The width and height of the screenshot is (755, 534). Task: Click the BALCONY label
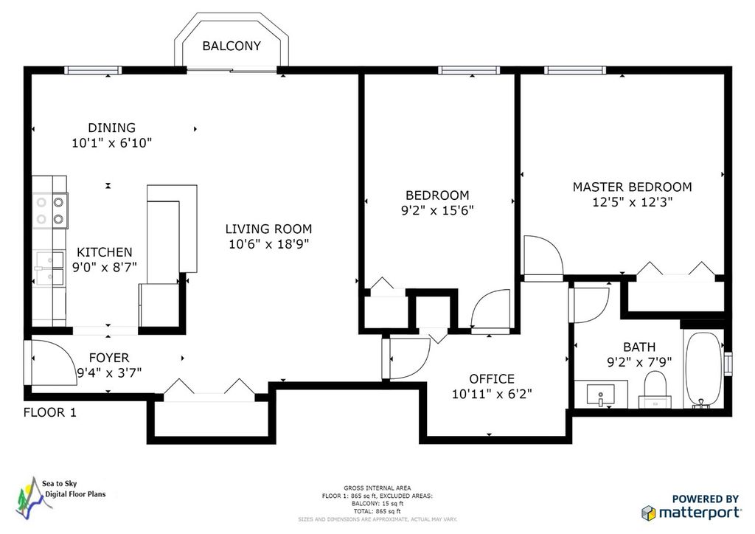[231, 46]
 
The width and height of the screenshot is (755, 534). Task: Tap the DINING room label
[112, 128]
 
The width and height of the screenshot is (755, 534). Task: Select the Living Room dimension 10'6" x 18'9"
[268, 244]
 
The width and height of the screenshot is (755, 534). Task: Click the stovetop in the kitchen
[50, 210]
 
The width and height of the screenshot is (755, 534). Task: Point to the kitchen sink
[50, 268]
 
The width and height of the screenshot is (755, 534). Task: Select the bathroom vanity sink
[600, 394]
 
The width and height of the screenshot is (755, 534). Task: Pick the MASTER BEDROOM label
[632, 187]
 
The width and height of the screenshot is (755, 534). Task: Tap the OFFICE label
[492, 378]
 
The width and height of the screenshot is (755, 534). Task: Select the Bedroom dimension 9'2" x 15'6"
[438, 210]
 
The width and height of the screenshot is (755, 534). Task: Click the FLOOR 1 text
[50, 412]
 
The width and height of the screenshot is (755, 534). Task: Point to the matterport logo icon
[649, 513]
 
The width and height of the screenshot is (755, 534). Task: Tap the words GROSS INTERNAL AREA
[377, 488]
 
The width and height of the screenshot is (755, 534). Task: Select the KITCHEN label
[105, 252]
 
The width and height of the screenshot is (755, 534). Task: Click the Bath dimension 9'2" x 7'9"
[639, 361]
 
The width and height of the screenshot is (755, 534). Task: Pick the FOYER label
[109, 358]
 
